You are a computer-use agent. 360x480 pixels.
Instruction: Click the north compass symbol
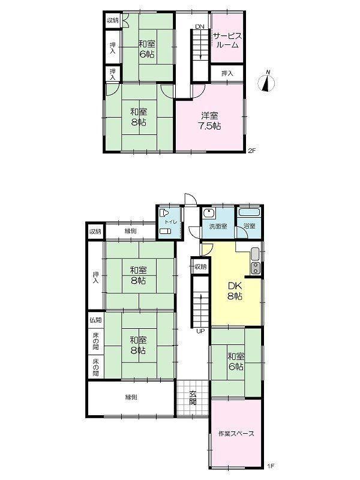(x=266, y=83)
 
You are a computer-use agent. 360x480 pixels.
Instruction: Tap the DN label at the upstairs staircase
(x=200, y=26)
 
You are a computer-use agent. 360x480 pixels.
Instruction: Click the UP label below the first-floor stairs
(x=200, y=331)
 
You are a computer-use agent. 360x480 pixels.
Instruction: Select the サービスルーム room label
(x=227, y=40)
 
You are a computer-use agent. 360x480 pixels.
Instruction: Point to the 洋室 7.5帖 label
(x=210, y=121)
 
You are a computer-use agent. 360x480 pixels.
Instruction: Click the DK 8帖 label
(x=235, y=291)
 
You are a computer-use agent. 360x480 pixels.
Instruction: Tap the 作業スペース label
(x=236, y=433)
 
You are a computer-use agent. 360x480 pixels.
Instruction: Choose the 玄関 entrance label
(x=193, y=398)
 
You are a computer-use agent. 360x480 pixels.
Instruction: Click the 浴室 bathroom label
(x=250, y=226)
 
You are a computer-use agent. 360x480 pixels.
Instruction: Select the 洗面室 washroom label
(x=218, y=227)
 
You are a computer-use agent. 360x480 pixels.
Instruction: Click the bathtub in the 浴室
(x=250, y=212)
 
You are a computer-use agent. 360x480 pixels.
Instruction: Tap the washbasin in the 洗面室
(x=209, y=213)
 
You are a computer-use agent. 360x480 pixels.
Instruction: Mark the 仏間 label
(x=95, y=320)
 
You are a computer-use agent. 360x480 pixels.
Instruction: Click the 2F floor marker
(x=251, y=151)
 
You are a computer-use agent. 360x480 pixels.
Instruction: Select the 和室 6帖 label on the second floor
(x=146, y=49)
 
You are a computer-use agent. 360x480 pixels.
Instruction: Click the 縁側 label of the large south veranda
(x=131, y=397)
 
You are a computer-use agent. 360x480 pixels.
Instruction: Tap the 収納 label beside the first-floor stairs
(x=201, y=266)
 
